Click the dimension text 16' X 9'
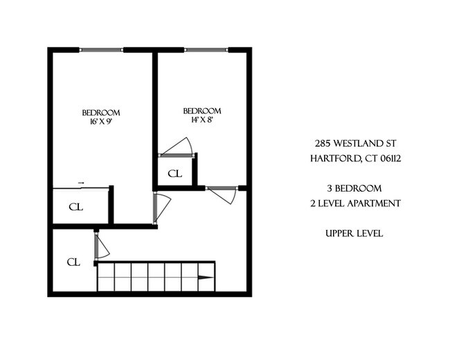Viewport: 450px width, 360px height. click(101, 122)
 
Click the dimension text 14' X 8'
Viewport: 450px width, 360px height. click(201, 120)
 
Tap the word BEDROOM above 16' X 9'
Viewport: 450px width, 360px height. click(101, 113)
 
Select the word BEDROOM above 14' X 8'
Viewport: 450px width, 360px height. click(201, 111)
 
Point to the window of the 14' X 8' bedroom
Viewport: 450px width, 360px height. click(206, 49)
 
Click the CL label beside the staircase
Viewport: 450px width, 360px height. click(73, 262)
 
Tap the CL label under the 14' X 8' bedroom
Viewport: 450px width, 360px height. click(174, 173)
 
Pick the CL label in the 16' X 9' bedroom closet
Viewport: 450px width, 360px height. click(76, 206)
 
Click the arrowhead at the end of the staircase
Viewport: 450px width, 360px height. click(206, 279)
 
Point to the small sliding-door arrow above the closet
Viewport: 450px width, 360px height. click(81, 183)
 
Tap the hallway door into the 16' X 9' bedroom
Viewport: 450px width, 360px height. click(161, 207)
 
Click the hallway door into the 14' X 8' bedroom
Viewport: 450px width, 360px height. click(223, 195)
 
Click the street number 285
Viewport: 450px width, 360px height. click(323, 144)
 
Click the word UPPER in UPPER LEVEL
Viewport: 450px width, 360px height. click(338, 233)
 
